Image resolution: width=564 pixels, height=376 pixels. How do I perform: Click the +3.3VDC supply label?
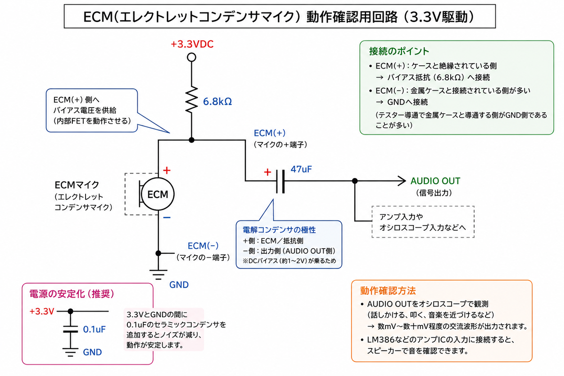pos(192,44)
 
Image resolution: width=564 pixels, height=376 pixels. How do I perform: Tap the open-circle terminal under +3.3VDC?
pos(192,57)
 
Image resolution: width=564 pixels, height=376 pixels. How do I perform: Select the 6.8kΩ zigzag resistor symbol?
pos(192,100)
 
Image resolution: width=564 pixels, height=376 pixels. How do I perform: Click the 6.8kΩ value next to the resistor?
pos(217,102)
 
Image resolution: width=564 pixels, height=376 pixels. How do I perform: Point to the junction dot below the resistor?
pos(192,140)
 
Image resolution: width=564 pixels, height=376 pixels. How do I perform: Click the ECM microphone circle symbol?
pos(157,194)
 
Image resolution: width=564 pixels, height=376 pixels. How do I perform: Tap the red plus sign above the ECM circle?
pos(167,171)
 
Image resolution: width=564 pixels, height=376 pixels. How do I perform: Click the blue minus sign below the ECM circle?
pos(167,218)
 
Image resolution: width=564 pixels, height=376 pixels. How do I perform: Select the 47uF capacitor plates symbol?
pos(281,181)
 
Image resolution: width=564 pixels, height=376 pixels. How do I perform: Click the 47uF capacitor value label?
pos(301,169)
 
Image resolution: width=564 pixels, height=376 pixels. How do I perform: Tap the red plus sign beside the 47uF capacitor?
pos(267,172)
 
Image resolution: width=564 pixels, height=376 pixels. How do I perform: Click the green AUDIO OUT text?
pos(435,181)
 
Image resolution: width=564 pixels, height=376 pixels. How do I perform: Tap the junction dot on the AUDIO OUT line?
pos(355,181)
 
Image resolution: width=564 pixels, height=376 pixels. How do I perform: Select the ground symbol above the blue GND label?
pos(158,274)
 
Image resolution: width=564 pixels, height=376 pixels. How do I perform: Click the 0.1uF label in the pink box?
pos(94,329)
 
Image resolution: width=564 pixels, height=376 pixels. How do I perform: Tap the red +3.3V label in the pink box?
pos(42,312)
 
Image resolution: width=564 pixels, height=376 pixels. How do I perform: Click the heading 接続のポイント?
pos(399,51)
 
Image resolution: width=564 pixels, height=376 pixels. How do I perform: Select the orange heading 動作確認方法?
pos(388,291)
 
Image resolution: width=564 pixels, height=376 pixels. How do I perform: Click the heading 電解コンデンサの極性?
pos(279,230)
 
